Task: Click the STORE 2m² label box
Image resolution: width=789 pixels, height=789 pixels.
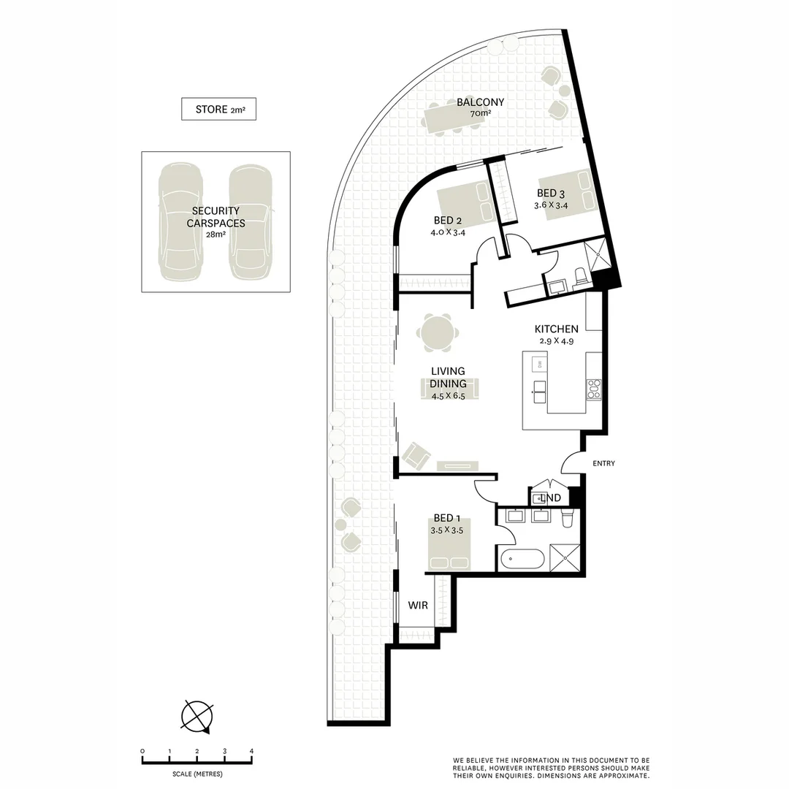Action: click(218, 110)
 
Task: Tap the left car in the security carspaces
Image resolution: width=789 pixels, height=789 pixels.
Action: click(180, 223)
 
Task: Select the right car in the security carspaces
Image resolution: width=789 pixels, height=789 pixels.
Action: click(251, 223)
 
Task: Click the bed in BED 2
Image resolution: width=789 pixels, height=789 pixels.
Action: click(466, 200)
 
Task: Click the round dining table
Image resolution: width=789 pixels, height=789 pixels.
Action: click(438, 333)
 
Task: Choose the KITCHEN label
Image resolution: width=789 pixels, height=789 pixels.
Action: click(556, 329)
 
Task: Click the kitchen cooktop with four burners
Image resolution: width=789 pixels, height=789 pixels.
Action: click(593, 389)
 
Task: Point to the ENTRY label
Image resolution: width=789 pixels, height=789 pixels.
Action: click(603, 463)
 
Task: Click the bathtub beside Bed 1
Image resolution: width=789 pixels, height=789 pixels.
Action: click(521, 560)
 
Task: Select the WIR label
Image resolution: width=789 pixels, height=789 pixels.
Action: click(417, 606)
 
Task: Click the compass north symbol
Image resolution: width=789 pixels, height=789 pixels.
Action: click(197, 715)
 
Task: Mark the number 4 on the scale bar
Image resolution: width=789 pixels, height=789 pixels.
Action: click(251, 751)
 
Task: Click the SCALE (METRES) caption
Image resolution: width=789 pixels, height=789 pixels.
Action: click(197, 774)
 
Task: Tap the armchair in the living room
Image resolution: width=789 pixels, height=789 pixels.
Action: click(415, 456)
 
